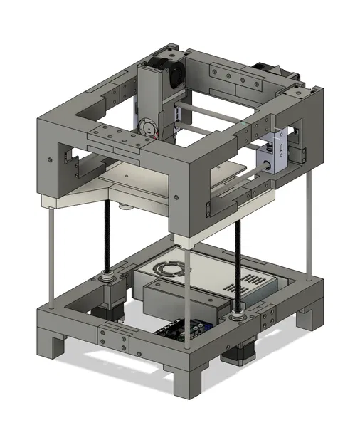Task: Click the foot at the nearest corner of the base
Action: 188,377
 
